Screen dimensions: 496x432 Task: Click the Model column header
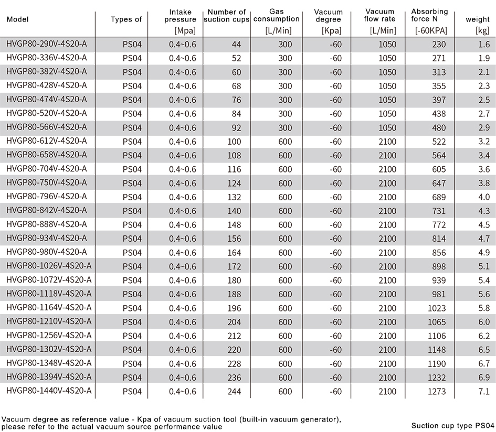pyautogui.click(x=17, y=19)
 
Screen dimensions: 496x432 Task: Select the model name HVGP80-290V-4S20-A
pyautogui.click(x=47, y=44)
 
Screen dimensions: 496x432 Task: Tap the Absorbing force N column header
pyautogui.click(x=429, y=16)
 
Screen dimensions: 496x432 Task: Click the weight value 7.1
pyautogui.click(x=484, y=391)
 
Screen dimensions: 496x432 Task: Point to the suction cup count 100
pyautogui.click(x=234, y=141)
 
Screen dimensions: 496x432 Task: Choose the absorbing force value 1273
pyautogui.click(x=437, y=391)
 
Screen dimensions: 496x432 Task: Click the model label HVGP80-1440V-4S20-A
pyautogui.click(x=49, y=391)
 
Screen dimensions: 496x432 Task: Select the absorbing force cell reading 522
pyautogui.click(x=439, y=141)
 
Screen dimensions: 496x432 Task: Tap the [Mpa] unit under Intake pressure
pyautogui.click(x=185, y=30)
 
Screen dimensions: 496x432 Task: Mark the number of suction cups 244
pyautogui.click(x=234, y=391)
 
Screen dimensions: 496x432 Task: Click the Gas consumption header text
pyautogui.click(x=277, y=16)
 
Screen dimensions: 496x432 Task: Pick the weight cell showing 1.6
pyautogui.click(x=484, y=44)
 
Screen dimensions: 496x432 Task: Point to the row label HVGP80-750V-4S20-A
pyautogui.click(x=47, y=182)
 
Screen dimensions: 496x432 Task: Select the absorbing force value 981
pyautogui.click(x=439, y=294)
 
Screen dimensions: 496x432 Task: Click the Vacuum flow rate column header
pyautogui.click(x=379, y=16)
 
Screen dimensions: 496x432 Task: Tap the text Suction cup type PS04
pyautogui.click(x=452, y=425)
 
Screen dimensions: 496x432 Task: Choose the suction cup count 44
pyautogui.click(x=236, y=44)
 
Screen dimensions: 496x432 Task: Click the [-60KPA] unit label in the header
pyautogui.click(x=431, y=30)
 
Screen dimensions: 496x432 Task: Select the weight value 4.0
pyautogui.click(x=484, y=197)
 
